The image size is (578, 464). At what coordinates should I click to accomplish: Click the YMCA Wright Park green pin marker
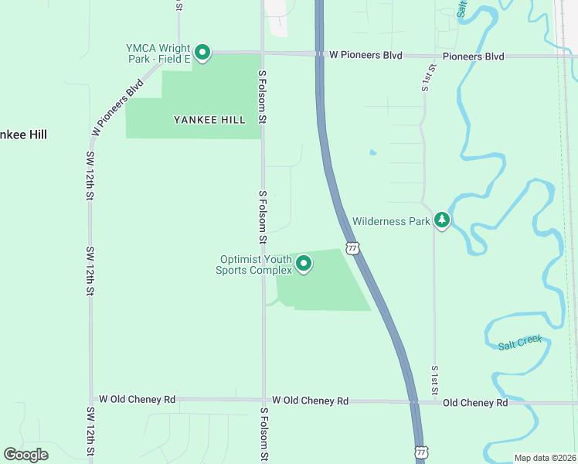(x=202, y=53)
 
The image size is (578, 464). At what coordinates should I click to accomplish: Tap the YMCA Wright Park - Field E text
(x=158, y=53)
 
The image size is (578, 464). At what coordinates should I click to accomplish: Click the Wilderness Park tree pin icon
(x=441, y=220)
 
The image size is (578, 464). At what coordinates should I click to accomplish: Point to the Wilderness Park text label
(x=391, y=221)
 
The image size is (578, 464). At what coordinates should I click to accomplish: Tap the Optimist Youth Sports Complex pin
(x=304, y=264)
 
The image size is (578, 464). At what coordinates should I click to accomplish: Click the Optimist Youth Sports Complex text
(x=256, y=264)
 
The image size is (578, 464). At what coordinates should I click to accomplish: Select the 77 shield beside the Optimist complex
(x=352, y=247)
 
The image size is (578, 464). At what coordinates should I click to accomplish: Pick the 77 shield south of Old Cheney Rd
(x=420, y=451)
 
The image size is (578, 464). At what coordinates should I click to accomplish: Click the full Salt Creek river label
(x=521, y=342)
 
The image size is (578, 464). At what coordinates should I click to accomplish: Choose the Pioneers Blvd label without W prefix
(x=473, y=56)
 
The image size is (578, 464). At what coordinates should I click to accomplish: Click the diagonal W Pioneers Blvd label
(x=117, y=107)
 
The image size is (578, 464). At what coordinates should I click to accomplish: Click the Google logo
(x=25, y=455)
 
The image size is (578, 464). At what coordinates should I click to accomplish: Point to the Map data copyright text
(x=546, y=458)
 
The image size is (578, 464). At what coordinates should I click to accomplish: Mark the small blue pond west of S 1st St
(x=372, y=152)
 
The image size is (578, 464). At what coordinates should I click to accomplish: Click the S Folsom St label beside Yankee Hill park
(x=263, y=97)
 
